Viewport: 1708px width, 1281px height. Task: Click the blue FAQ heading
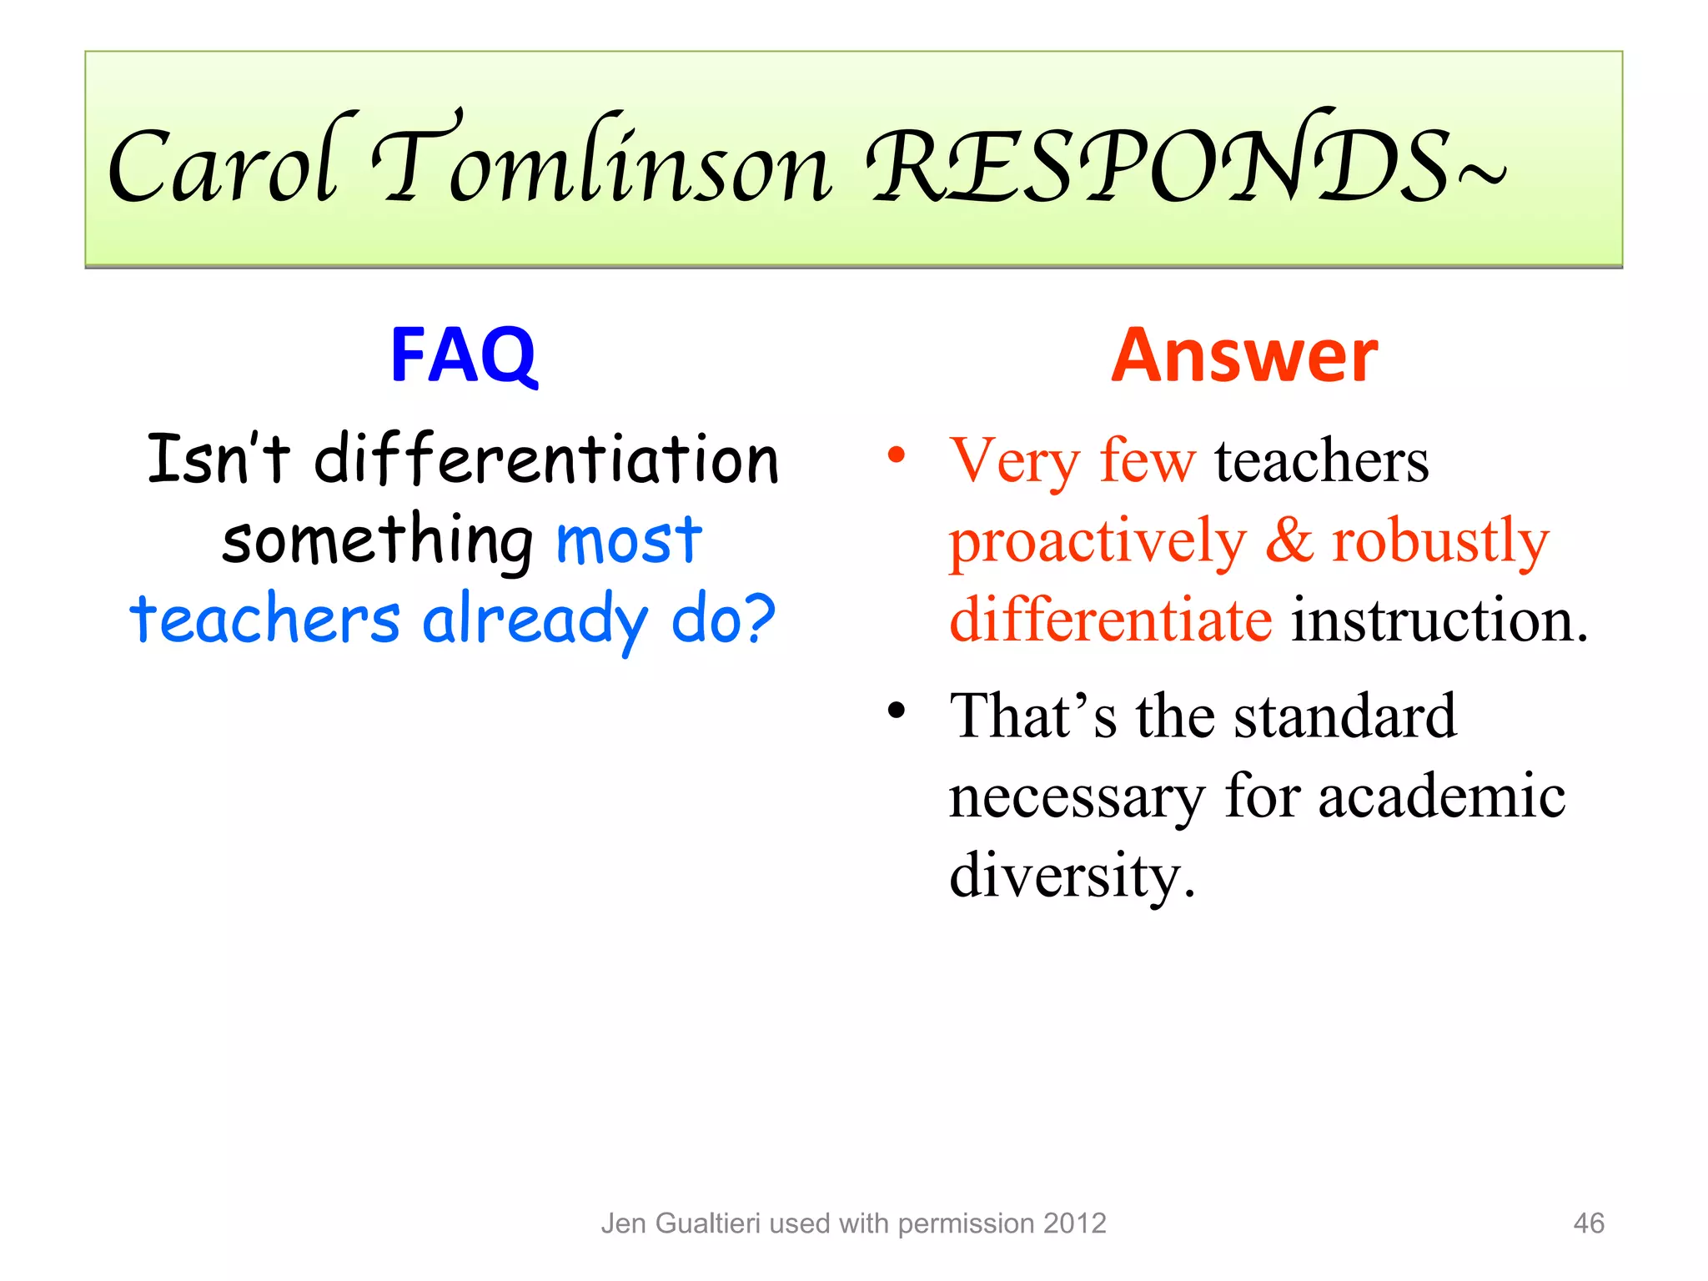[464, 356]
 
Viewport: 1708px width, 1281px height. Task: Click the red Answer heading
[1244, 356]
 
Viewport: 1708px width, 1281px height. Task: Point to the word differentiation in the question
[546, 460]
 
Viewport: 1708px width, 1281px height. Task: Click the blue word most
[629, 541]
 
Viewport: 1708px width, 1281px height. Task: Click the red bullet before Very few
[897, 455]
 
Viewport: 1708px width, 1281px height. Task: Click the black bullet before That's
[897, 711]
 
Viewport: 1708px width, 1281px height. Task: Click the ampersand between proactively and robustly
[1289, 540]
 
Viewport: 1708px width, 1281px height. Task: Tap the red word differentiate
[1111, 620]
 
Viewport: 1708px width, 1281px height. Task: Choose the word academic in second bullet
[1441, 796]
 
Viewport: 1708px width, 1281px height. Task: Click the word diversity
[1071, 877]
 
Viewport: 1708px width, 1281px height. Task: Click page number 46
[1588, 1223]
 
